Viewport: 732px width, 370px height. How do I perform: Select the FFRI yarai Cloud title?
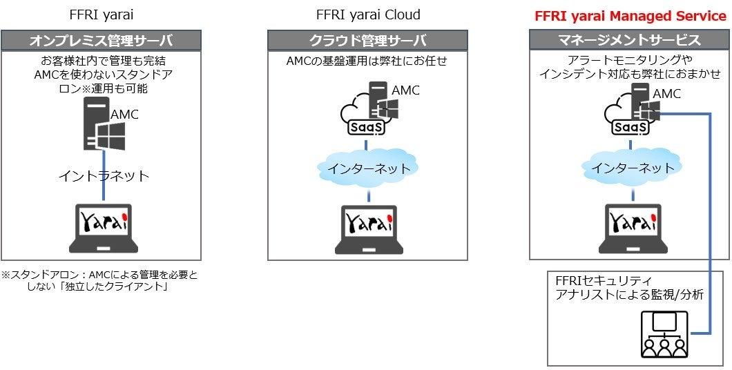coord(368,15)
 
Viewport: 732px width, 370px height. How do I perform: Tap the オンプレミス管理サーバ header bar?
coord(101,41)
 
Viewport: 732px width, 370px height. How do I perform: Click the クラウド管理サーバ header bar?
coord(368,41)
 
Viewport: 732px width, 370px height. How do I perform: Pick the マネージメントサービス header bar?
coord(630,41)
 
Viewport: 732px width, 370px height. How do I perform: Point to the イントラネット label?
coord(104,176)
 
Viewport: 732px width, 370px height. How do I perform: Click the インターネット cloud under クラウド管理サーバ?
coord(368,168)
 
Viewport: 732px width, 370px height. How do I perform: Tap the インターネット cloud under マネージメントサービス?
coord(630,167)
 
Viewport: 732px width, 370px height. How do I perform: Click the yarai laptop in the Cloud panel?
coord(368,229)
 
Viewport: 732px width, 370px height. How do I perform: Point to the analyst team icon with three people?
coord(665,334)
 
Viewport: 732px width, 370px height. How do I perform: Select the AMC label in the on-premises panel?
coord(125,115)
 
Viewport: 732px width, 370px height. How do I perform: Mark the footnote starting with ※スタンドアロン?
coord(99,282)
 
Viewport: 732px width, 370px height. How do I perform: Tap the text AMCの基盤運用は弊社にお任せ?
coord(367,61)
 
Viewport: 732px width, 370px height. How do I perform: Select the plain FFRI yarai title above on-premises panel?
coord(101,15)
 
